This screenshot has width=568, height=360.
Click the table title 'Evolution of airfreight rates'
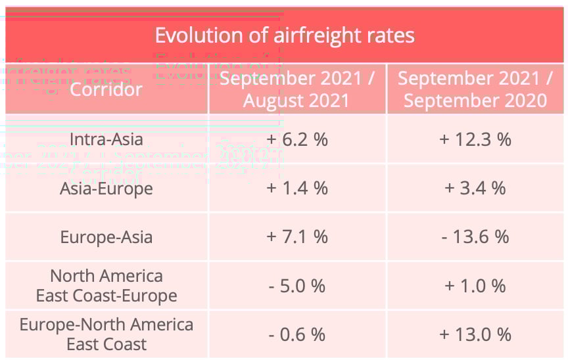[x=284, y=35]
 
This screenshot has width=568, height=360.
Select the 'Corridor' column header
[x=106, y=89]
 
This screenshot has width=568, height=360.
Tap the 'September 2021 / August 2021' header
[x=297, y=89]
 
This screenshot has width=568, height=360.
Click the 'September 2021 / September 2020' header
[x=475, y=89]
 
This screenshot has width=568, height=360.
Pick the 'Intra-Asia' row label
[x=106, y=139]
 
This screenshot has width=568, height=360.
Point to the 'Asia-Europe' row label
[x=106, y=189]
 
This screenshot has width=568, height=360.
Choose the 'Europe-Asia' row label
[x=106, y=237]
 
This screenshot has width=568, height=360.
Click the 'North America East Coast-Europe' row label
[x=106, y=286]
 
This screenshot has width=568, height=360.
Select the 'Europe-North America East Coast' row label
[x=106, y=334]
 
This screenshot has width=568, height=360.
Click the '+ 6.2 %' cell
[x=297, y=139]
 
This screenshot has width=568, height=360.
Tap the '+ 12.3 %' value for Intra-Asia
[x=475, y=139]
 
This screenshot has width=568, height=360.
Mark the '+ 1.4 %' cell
[x=297, y=189]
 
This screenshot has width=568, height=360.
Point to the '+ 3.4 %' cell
[x=475, y=189]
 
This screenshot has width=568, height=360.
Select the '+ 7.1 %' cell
[x=297, y=237]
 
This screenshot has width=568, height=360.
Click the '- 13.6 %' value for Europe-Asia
[x=475, y=237]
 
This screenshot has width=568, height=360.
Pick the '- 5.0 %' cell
[x=297, y=286]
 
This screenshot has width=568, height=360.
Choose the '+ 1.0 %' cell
[x=475, y=286]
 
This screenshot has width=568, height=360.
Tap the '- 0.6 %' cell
[x=297, y=334]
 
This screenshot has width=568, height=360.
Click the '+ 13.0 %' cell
[x=475, y=334]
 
